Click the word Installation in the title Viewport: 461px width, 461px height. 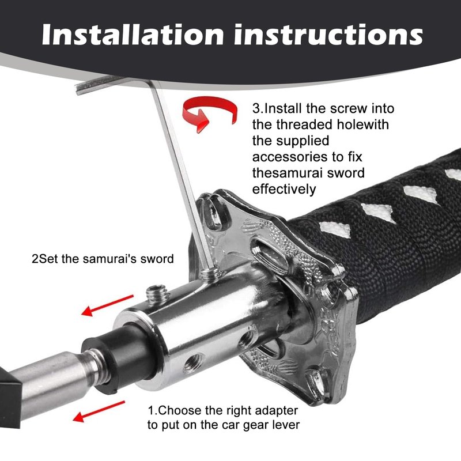[133, 35]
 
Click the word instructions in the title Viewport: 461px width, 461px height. [328, 35]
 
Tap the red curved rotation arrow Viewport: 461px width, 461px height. [209, 112]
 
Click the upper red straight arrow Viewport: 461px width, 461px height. [107, 305]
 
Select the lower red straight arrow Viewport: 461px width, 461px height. [99, 411]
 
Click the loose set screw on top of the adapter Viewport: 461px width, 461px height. [157, 294]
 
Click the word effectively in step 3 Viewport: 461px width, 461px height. [284, 190]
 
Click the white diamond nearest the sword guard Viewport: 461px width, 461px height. [335, 229]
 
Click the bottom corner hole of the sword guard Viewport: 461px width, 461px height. [315, 382]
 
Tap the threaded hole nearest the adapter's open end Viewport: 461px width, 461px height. [194, 364]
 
